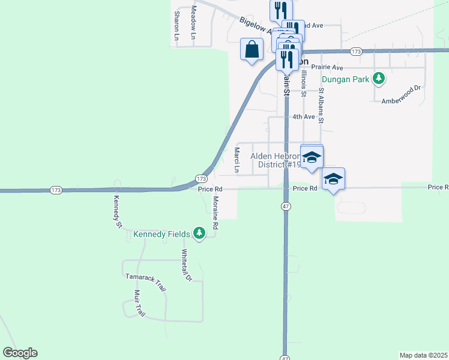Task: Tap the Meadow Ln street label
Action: point(194,22)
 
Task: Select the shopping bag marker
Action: point(252,49)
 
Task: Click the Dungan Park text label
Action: point(346,79)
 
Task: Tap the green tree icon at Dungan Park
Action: point(379,78)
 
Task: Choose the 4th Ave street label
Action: point(303,117)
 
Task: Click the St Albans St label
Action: point(321,106)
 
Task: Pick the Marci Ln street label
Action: point(237,160)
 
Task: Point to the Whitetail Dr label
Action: point(186,265)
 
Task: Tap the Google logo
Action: point(20,353)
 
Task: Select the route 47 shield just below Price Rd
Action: point(285,206)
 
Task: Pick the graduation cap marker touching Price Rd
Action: point(333,179)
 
